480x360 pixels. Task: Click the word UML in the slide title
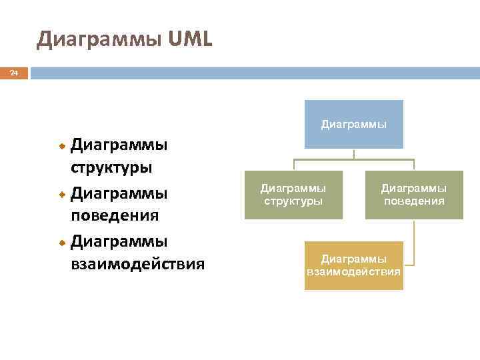click(191, 39)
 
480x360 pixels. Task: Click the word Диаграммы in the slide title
click(99, 40)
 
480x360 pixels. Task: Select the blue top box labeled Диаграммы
click(354, 124)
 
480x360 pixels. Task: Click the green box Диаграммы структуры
click(293, 195)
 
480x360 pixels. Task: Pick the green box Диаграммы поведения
click(414, 195)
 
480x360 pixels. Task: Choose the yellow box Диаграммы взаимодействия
click(354, 265)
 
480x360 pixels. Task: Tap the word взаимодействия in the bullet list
click(137, 263)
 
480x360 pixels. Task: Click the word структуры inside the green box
click(293, 201)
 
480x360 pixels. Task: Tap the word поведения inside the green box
click(414, 201)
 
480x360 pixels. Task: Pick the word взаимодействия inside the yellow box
click(354, 272)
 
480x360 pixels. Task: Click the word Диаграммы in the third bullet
click(119, 240)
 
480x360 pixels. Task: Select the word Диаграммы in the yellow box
click(354, 258)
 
